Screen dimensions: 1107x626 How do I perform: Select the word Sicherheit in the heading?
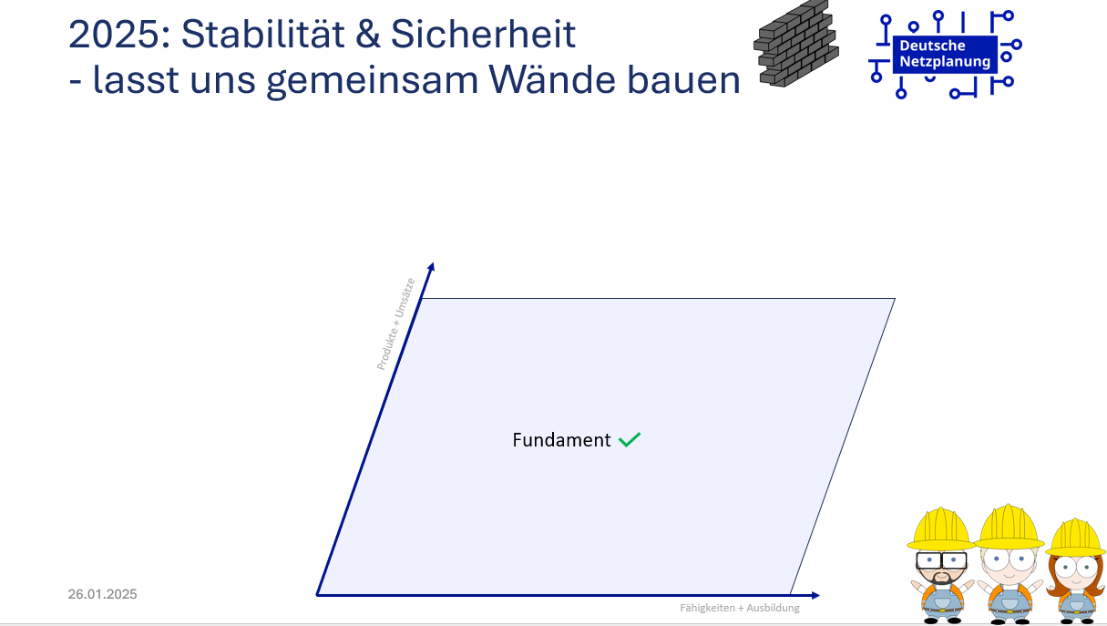tap(483, 34)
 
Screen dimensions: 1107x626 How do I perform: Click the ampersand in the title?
tap(368, 34)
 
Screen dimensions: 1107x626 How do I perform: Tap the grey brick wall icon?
tap(796, 44)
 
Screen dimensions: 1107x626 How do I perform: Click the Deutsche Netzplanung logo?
tap(945, 55)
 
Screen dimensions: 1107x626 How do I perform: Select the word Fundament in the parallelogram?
tap(561, 440)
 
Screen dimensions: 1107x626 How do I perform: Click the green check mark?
tap(630, 439)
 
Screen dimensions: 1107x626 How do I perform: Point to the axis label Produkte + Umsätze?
tap(395, 324)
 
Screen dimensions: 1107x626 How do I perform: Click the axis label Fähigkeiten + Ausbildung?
tap(739, 608)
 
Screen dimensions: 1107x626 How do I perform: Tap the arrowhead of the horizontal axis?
tap(815, 595)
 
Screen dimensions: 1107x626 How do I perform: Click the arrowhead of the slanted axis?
tap(431, 267)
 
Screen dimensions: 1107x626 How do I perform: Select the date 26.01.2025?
tap(102, 594)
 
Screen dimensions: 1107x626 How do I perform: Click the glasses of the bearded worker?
tap(941, 560)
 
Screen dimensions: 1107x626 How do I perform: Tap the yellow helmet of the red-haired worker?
tap(1075, 538)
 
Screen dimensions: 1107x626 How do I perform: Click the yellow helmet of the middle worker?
tap(1010, 527)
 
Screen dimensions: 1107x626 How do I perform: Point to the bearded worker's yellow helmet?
tap(941, 529)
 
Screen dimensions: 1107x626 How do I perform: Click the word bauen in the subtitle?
tap(683, 79)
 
